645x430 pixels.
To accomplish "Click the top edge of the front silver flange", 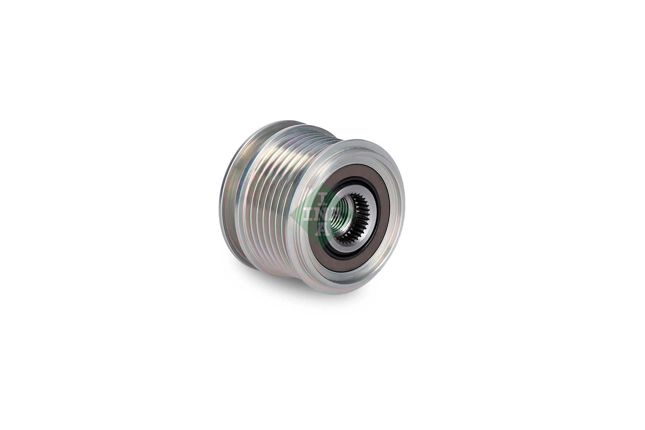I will tap(358, 143).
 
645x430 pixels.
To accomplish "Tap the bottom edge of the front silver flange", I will tap(344, 290).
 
